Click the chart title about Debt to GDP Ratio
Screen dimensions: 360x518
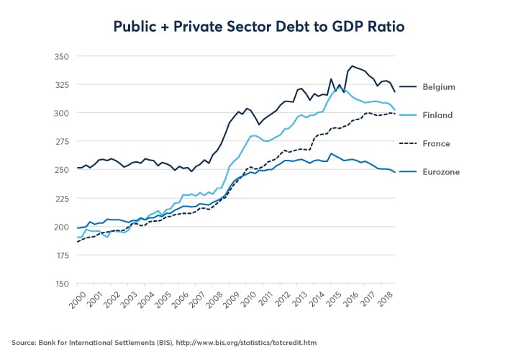pos(259,27)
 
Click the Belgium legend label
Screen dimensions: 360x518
pos(440,86)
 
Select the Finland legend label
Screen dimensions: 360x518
pos(437,114)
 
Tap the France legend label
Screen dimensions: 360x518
pos(437,143)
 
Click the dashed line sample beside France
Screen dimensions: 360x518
pos(409,143)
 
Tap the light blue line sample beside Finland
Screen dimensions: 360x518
pos(409,114)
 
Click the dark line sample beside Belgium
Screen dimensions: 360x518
pos(409,86)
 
